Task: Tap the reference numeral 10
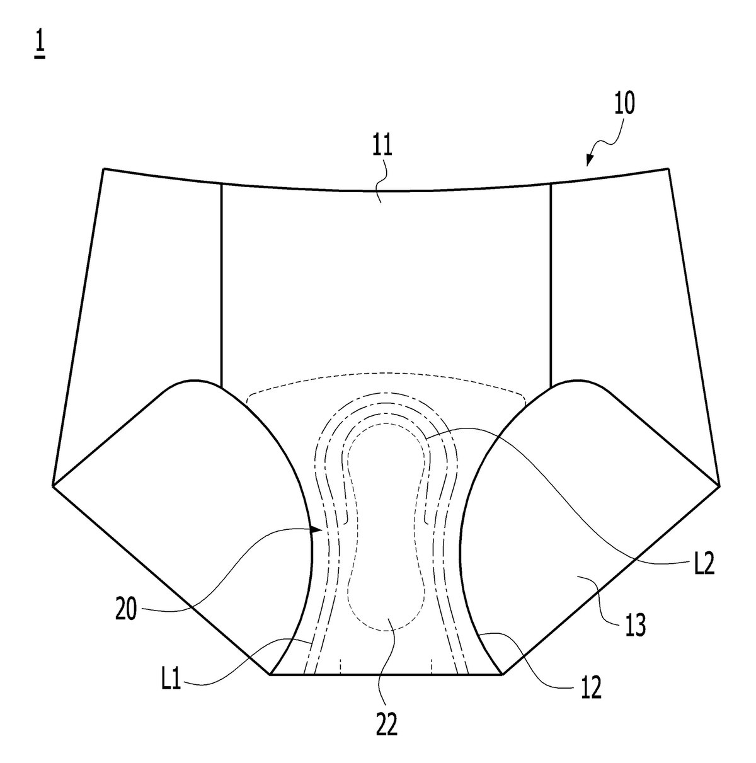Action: click(624, 103)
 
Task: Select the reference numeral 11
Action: click(382, 144)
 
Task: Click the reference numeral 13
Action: click(635, 624)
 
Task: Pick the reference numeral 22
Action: click(386, 724)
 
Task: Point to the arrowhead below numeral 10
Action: click(590, 159)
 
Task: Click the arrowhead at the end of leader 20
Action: click(318, 530)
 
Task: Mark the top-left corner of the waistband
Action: click(104, 169)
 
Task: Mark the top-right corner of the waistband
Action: click(668, 169)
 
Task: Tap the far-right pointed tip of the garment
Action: click(719, 485)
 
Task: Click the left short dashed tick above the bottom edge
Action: click(341, 667)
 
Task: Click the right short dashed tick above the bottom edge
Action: click(432, 667)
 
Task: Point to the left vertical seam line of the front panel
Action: click(221, 285)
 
